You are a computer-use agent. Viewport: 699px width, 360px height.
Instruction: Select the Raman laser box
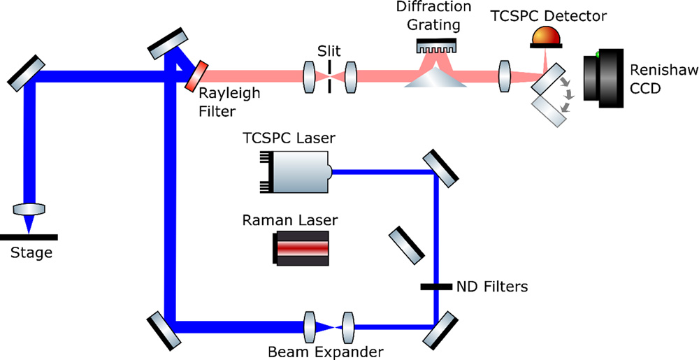click(x=301, y=249)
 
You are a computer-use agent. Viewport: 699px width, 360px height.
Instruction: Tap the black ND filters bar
click(x=436, y=286)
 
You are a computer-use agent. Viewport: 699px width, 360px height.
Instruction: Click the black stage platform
click(x=29, y=238)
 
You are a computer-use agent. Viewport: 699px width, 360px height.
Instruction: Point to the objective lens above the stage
click(x=29, y=209)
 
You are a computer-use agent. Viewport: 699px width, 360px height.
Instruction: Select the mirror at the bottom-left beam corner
click(x=165, y=329)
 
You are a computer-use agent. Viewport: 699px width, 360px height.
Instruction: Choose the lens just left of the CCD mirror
click(x=503, y=75)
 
